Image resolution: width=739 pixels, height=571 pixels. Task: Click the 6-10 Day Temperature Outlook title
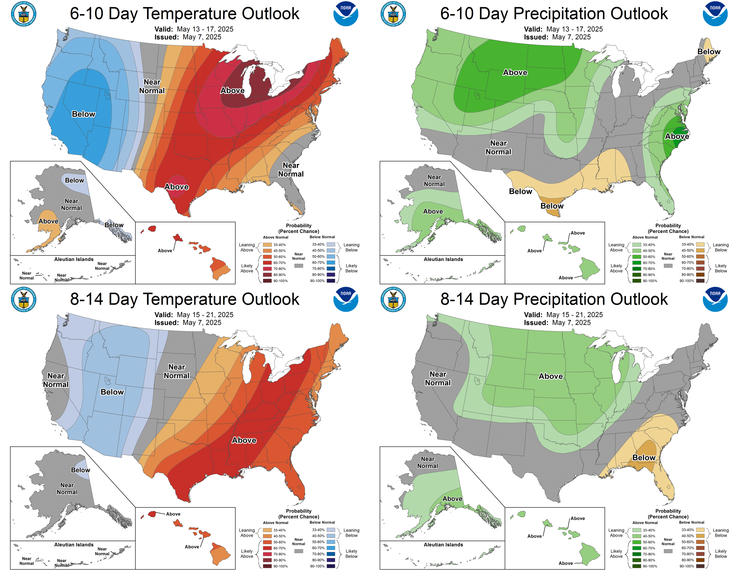click(184, 14)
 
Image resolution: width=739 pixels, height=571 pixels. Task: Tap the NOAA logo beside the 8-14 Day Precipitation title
click(715, 299)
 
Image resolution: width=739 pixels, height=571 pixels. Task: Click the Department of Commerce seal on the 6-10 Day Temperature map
click(24, 14)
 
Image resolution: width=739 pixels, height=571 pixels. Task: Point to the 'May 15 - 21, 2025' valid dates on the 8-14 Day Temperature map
click(205, 315)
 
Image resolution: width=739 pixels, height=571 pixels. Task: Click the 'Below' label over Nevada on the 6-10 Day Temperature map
click(84, 114)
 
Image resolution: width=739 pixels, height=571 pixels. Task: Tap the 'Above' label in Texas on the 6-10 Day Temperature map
click(177, 187)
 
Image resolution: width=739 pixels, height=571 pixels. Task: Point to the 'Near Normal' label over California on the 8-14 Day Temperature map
click(56, 380)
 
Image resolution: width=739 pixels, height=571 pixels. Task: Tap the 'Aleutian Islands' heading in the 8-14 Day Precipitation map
click(443, 545)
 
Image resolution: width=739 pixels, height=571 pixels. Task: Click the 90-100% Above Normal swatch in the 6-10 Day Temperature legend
click(267, 281)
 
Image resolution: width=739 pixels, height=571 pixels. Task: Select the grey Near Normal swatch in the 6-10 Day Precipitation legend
click(668, 266)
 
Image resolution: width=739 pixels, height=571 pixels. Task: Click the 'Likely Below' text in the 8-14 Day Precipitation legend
click(721, 553)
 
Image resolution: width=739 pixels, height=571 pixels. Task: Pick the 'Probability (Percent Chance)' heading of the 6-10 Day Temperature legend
click(298, 228)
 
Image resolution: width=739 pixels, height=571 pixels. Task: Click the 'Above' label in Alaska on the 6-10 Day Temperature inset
click(48, 221)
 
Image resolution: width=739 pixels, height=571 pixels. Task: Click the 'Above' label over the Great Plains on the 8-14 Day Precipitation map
click(551, 376)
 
